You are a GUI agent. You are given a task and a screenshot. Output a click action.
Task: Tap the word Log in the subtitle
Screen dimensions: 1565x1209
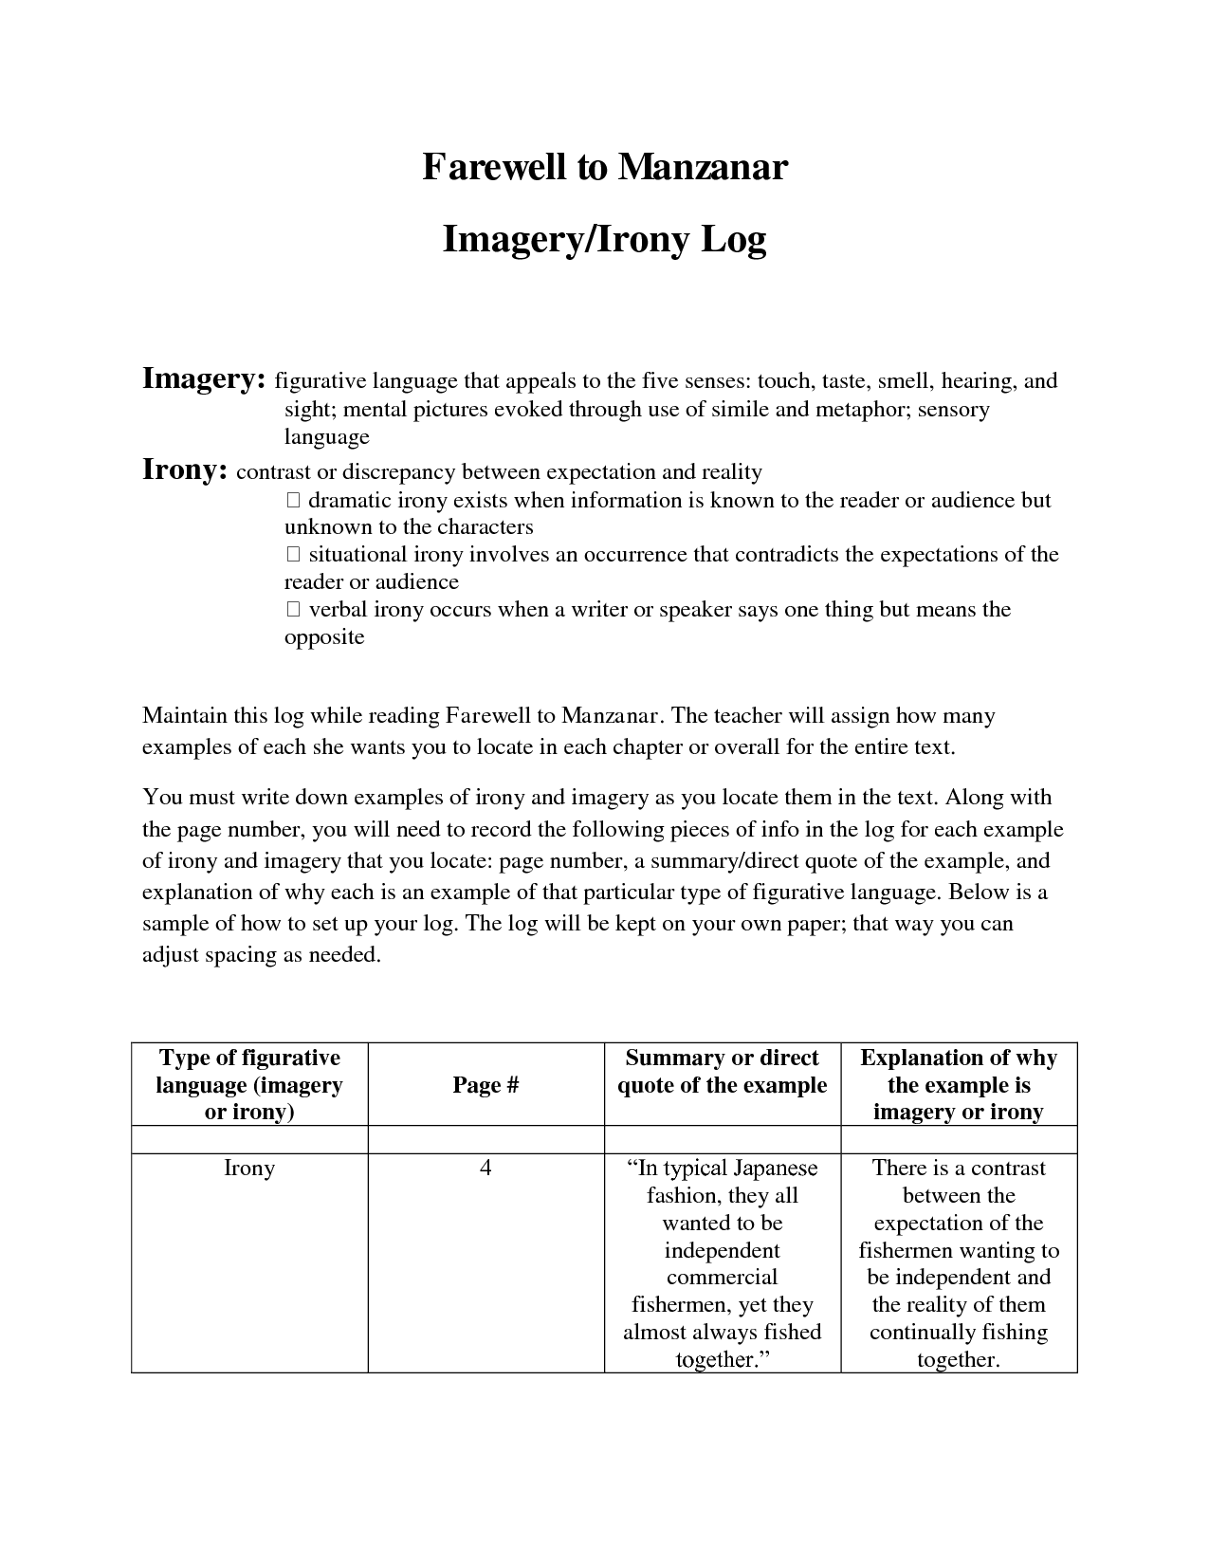click(x=733, y=240)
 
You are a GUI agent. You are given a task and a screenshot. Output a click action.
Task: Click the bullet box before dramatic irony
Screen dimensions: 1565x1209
click(x=292, y=501)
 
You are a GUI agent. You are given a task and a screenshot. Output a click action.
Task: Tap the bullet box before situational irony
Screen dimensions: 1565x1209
click(x=292, y=555)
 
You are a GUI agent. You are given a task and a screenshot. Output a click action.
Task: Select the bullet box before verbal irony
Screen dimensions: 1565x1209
click(x=292, y=610)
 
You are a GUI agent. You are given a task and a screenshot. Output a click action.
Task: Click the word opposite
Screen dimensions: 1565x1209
click(x=324, y=636)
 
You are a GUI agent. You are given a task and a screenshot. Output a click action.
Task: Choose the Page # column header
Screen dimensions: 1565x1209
click(x=485, y=1085)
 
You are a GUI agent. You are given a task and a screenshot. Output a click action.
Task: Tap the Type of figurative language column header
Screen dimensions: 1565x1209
click(x=249, y=1084)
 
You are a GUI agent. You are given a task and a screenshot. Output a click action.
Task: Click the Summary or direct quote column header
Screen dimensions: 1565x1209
click(x=723, y=1072)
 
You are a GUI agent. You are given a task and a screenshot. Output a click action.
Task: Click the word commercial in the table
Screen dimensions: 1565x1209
click(x=722, y=1278)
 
